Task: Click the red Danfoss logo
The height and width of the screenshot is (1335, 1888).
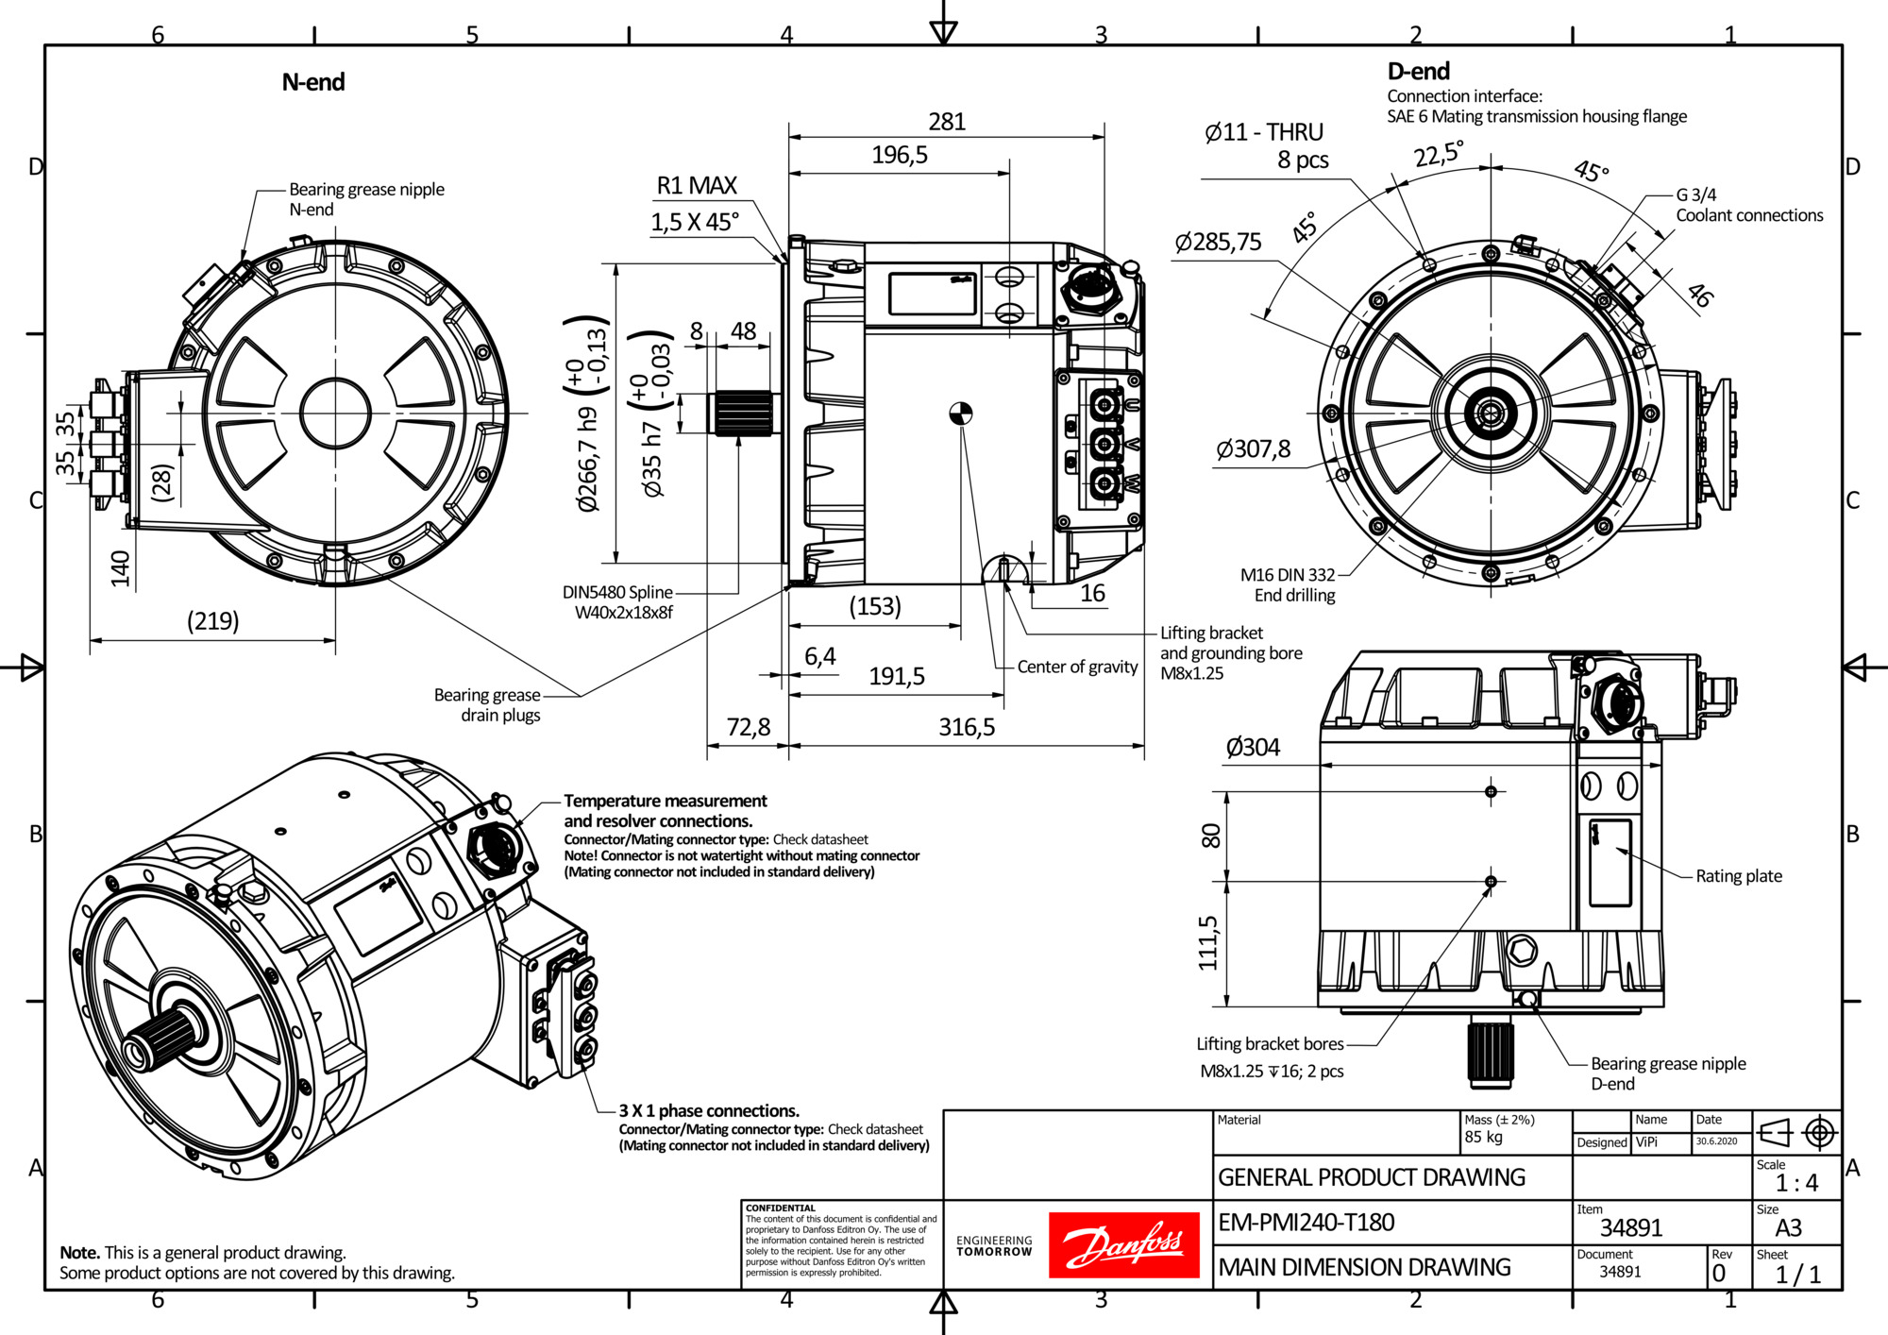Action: pyautogui.click(x=1123, y=1244)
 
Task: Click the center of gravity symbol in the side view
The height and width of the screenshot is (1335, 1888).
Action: pyautogui.click(x=960, y=414)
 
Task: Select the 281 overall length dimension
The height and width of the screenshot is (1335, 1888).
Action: pyautogui.click(x=947, y=122)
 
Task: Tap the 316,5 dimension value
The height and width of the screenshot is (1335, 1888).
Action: pyautogui.click(x=967, y=727)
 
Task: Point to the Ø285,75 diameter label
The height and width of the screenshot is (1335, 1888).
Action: pyautogui.click(x=1218, y=243)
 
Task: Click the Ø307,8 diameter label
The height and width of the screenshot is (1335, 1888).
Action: pyautogui.click(x=1253, y=448)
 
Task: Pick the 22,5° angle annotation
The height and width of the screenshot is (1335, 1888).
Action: pyautogui.click(x=1438, y=153)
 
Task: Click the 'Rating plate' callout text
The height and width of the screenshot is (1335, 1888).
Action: pyautogui.click(x=1739, y=876)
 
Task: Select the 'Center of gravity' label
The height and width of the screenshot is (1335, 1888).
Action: pyautogui.click(x=1077, y=667)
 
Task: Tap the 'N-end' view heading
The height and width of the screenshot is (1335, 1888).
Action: pyautogui.click(x=313, y=82)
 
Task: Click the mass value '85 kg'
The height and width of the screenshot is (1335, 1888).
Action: pyautogui.click(x=1483, y=1137)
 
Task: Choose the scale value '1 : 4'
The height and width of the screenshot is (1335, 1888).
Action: pyautogui.click(x=1796, y=1183)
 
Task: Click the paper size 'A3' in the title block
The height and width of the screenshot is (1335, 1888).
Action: pyautogui.click(x=1788, y=1227)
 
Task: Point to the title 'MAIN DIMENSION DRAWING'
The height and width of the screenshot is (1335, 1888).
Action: pyautogui.click(x=1364, y=1267)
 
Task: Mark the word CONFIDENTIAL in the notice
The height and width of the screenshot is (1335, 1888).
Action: pyautogui.click(x=780, y=1208)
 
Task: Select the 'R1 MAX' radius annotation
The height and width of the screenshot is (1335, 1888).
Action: pyautogui.click(x=697, y=185)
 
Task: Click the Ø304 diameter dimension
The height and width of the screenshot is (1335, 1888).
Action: pyautogui.click(x=1253, y=748)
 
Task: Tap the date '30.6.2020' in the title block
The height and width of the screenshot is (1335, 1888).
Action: pyautogui.click(x=1716, y=1141)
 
